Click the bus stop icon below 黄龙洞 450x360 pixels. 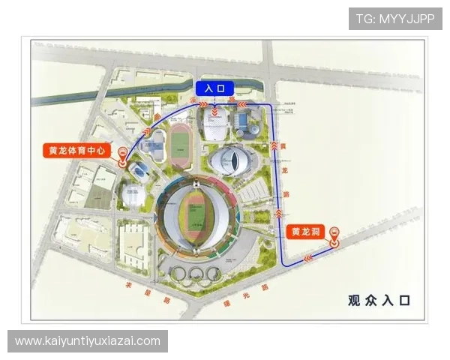tap(335, 238)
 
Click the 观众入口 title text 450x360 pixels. tap(379, 301)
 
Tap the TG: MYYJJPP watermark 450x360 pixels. tap(395, 18)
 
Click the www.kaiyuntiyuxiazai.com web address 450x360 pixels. tap(88, 341)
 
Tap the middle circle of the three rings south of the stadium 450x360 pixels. tap(196, 274)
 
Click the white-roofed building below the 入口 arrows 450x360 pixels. tap(215, 128)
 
